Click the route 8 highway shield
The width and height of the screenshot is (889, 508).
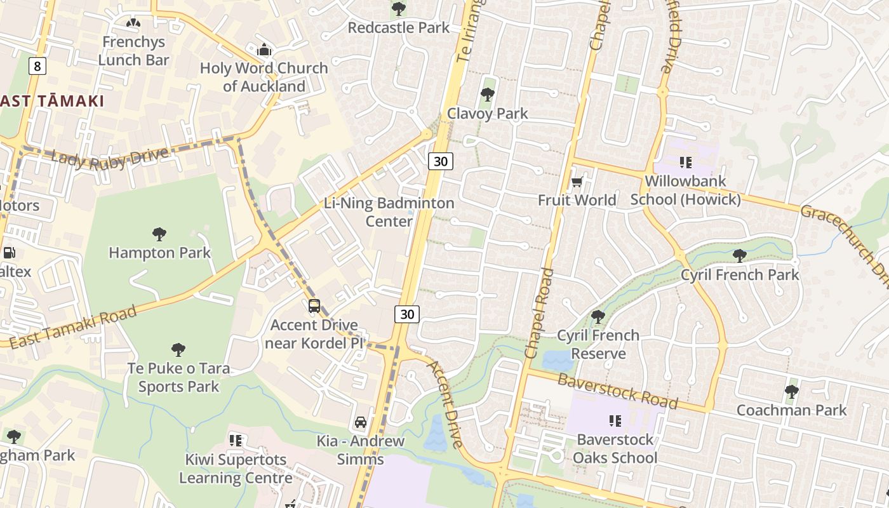pyautogui.click(x=37, y=65)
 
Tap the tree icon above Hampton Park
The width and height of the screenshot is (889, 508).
pyautogui.click(x=159, y=234)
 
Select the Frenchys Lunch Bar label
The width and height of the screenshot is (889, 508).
pyautogui.click(x=133, y=51)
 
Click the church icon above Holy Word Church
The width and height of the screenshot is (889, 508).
pyautogui.click(x=264, y=50)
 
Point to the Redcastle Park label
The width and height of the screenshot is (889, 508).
pyautogui.click(x=399, y=27)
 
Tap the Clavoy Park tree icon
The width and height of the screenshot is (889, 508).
pyautogui.click(x=488, y=95)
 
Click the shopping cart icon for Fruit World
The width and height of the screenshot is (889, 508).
pyautogui.click(x=577, y=182)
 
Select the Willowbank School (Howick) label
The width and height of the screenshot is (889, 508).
pyautogui.click(x=685, y=190)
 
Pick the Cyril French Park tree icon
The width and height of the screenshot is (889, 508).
pyautogui.click(x=739, y=256)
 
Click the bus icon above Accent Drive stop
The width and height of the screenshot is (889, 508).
pyautogui.click(x=314, y=306)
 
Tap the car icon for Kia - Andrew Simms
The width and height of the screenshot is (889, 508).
pyautogui.click(x=360, y=422)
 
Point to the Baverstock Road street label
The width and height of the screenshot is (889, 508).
pyautogui.click(x=618, y=391)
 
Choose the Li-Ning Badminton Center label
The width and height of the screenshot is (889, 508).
pyautogui.click(x=389, y=212)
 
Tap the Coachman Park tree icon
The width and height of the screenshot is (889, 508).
pyautogui.click(x=791, y=391)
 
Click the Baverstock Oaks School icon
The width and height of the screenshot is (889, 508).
pyautogui.click(x=615, y=420)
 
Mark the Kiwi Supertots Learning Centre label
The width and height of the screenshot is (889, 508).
pyautogui.click(x=236, y=468)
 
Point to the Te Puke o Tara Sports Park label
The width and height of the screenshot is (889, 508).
pyautogui.click(x=178, y=377)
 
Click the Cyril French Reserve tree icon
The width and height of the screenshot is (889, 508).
pyautogui.click(x=598, y=316)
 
